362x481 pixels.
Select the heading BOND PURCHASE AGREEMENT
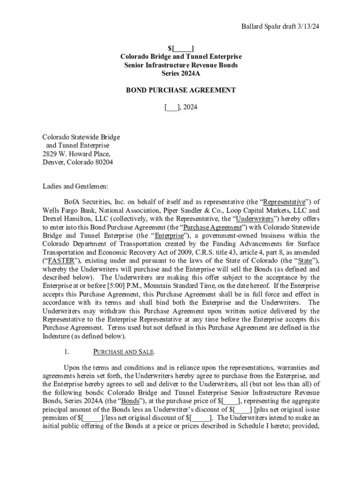point(181,90)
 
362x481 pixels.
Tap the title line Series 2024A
point(181,73)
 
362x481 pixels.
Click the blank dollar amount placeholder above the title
point(181,48)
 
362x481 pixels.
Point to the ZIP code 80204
point(102,162)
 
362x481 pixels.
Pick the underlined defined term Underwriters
point(255,219)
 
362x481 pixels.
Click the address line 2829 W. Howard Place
point(76,154)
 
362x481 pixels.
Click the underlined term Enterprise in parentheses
point(166,235)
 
